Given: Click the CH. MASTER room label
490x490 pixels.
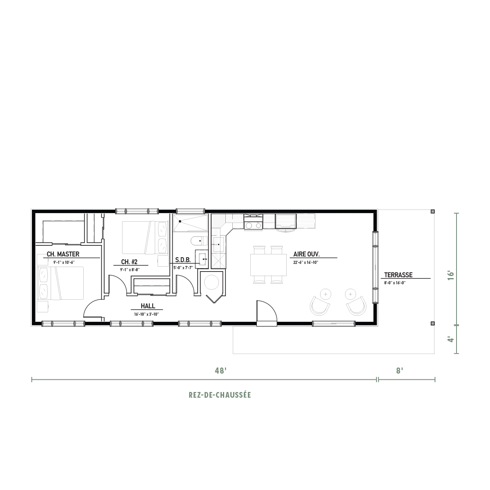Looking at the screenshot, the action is (x=63, y=254).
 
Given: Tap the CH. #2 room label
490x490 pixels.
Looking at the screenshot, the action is (x=129, y=262).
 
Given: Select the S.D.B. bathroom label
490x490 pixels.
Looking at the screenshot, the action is (x=183, y=260).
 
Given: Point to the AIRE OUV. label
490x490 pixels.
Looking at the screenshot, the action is (x=306, y=254).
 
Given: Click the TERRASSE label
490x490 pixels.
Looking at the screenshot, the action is (x=398, y=275).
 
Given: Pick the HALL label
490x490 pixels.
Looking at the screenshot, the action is (x=148, y=306).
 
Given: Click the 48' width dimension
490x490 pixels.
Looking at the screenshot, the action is (x=220, y=371).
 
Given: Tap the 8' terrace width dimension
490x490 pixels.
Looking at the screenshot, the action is (x=400, y=371).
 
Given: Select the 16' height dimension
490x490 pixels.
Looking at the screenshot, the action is (x=450, y=275).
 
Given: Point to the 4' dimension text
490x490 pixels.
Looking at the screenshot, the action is (x=450, y=339).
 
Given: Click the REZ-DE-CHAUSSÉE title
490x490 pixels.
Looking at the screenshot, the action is (x=220, y=395).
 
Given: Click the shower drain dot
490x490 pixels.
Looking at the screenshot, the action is (x=180, y=221).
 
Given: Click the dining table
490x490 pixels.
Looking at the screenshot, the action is (x=268, y=265).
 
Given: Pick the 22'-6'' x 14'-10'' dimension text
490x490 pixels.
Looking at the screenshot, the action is (x=306, y=263).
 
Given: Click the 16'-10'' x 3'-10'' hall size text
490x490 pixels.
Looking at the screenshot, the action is (x=147, y=314).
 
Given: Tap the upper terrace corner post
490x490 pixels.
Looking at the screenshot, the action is (x=433, y=211).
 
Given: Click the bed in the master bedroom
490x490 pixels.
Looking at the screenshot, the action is (x=60, y=283).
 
